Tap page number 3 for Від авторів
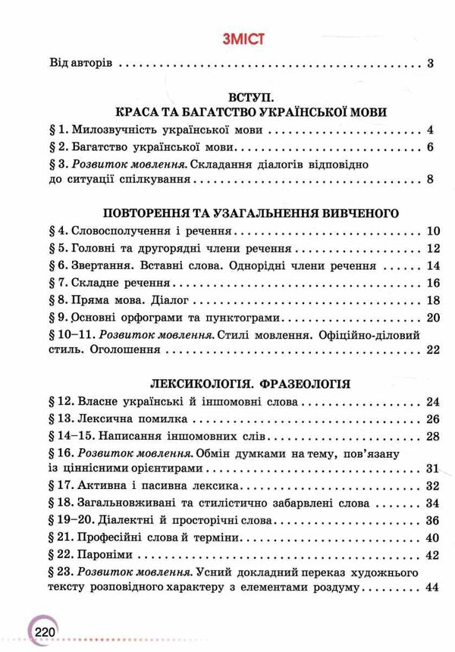(429, 63)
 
